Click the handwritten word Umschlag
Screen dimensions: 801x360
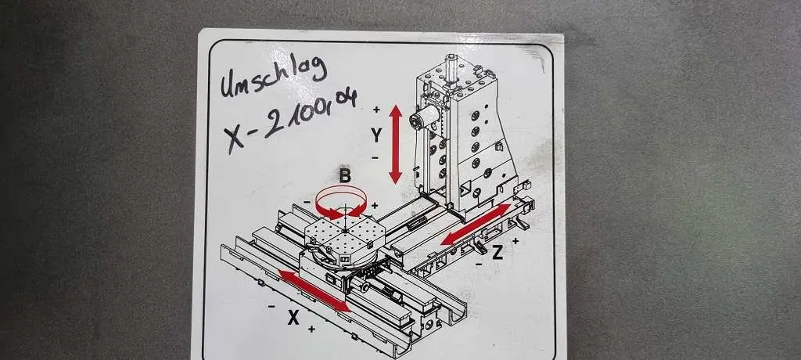273,77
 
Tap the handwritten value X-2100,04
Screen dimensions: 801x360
289,121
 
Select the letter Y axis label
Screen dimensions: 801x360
376,135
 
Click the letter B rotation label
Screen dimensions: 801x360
345,176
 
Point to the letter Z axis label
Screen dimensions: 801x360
497,252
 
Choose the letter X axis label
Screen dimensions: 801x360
293,318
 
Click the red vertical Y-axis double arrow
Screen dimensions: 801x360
395,144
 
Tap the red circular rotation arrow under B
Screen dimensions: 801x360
341,203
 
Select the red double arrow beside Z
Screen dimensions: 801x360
476,224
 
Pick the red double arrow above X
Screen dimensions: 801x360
314,291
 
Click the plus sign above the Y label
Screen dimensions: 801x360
376,110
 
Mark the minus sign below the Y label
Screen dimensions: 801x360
375,157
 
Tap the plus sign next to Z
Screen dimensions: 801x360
515,241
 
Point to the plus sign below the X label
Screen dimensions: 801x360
311,329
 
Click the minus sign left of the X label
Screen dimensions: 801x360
271,306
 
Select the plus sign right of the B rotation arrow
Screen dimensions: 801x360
375,206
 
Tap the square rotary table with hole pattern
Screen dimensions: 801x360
345,236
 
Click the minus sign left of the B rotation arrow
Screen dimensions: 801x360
307,203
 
